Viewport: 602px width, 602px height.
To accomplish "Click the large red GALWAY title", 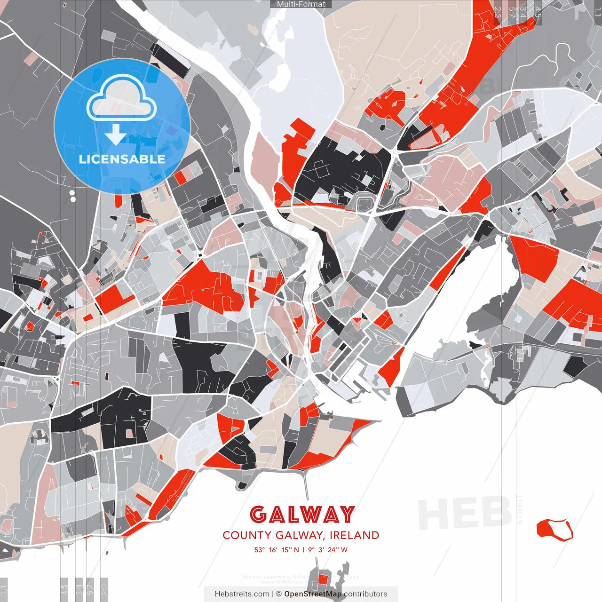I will [301, 515].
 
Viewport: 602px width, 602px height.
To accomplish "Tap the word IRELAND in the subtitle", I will [354, 535].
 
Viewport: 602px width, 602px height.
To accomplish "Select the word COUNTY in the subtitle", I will [246, 535].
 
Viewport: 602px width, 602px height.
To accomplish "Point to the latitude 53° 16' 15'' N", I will [277, 550].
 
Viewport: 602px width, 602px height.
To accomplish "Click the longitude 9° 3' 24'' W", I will [328, 550].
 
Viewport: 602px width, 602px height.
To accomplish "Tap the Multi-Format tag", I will [301, 4].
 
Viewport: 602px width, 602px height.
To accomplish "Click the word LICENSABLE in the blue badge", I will [122, 159].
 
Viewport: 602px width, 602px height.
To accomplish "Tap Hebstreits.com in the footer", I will [242, 594].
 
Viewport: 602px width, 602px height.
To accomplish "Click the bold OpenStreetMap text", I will [313, 594].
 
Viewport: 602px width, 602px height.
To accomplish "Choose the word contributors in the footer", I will [365, 594].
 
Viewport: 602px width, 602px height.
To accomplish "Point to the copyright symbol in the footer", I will [279, 594].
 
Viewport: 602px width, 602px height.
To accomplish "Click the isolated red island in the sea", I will [554, 529].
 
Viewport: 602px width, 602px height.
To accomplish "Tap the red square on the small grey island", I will [323, 578].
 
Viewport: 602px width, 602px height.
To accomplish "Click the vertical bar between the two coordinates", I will [303, 550].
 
